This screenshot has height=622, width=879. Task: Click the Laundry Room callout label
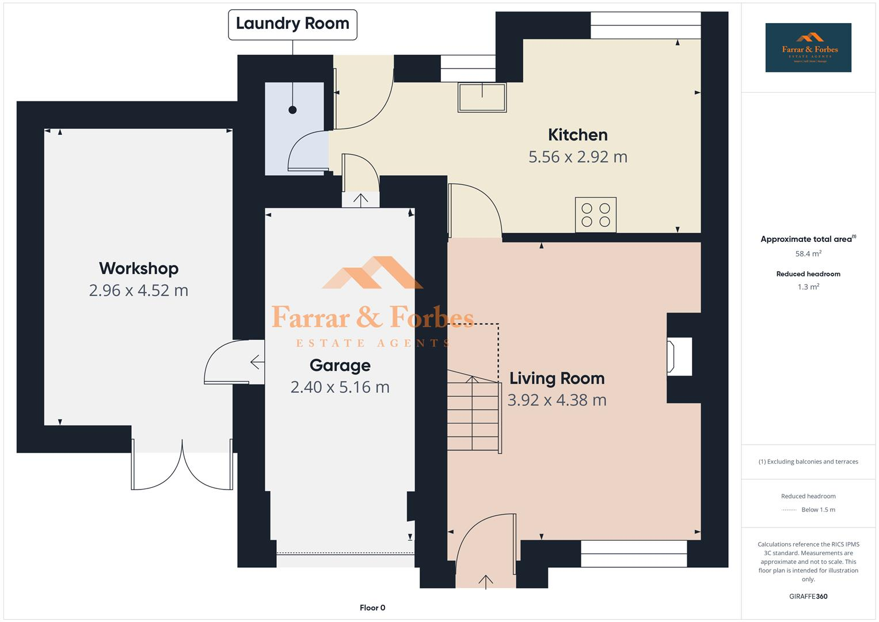coord(292,24)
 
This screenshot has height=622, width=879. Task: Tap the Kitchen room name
coord(577,135)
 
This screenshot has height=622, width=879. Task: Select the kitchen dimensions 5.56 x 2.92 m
coord(577,157)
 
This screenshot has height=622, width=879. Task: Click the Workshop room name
coord(139,268)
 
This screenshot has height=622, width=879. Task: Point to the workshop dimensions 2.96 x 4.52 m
coord(139,290)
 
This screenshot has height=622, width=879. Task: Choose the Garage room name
coord(340,365)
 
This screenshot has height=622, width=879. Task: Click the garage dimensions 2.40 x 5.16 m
coord(340,387)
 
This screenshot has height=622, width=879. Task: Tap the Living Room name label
coord(557,378)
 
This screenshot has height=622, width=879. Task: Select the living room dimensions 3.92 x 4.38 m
coord(557,400)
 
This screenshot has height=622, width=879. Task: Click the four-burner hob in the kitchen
coord(595,215)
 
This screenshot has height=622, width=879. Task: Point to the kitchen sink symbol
coord(482,97)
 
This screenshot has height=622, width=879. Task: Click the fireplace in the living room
coord(679,357)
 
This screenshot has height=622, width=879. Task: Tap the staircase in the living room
coord(473,412)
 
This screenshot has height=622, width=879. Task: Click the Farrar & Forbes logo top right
coord(808,47)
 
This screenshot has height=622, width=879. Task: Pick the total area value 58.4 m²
coord(808,253)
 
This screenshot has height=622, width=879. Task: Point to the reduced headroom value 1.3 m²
coord(808,287)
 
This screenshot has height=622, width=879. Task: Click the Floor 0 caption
coord(372,608)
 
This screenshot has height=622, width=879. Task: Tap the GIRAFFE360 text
coord(808,596)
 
